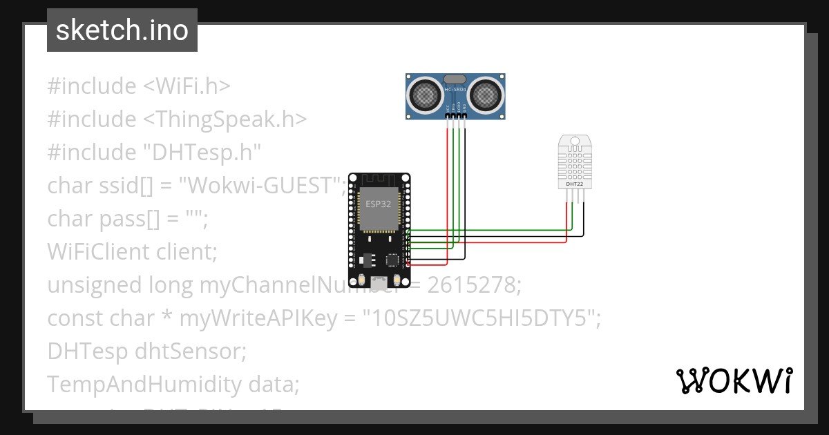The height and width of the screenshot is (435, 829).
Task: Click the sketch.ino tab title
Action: pos(122,30)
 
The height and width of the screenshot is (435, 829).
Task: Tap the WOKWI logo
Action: pos(734,380)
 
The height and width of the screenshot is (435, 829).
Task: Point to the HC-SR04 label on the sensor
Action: pos(455,90)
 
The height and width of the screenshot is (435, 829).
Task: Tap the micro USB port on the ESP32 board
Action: pos(379,282)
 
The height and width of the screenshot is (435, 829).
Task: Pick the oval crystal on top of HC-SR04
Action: pos(455,79)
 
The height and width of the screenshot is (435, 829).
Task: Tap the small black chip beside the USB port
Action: pos(393,260)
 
